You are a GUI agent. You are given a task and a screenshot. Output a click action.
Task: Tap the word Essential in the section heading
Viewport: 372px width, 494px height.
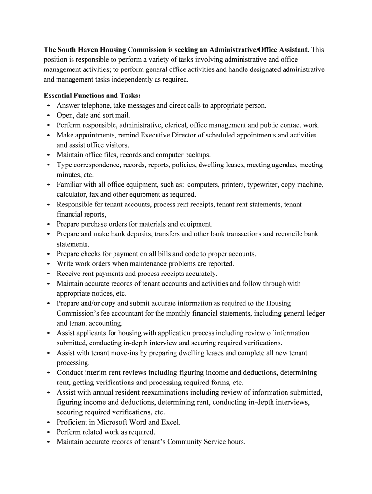(x=59, y=96)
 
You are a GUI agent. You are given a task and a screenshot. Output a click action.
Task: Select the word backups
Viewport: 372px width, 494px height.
(x=196, y=155)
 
